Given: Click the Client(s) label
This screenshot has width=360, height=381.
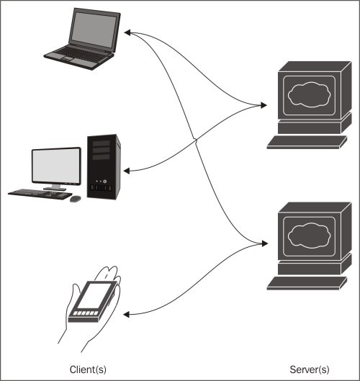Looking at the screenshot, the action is point(88,369).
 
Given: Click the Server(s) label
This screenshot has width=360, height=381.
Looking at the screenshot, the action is point(310,369).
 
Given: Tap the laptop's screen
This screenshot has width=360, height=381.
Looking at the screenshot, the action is point(94,30).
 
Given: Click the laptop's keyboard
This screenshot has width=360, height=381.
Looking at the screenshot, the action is point(80,55).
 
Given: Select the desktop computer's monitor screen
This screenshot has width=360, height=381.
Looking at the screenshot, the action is point(56,166).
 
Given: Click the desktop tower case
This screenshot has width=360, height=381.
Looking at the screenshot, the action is point(104,166).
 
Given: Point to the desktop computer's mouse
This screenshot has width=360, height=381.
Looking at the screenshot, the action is point(76,199).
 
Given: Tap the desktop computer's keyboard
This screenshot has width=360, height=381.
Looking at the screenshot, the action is point(40,194).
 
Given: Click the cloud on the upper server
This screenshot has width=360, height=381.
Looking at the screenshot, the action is point(309,94).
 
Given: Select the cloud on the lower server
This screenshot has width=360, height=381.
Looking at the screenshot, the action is point(309,236).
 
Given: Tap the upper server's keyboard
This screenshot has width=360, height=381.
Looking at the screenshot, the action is point(307,142).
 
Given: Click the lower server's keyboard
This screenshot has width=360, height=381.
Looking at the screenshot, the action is point(307,283).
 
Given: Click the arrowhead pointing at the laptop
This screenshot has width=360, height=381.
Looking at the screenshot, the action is point(127,32).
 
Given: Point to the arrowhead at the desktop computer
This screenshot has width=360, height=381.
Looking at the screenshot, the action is point(127,171).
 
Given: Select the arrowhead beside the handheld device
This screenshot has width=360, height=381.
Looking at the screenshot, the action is point(126,315).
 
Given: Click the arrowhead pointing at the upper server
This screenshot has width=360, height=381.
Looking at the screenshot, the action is point(264,105).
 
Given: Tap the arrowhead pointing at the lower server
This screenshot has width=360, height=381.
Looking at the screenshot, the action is point(264,243).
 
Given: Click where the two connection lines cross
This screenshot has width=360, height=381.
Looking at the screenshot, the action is point(195,140).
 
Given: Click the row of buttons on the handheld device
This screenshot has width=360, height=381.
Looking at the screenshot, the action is point(86,313).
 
